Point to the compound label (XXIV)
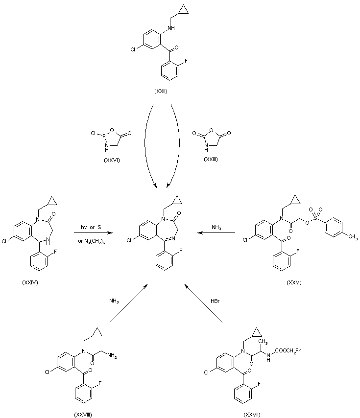(31, 283)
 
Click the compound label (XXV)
(293, 283)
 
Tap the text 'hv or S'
(91, 227)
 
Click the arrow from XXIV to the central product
(91, 233)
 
